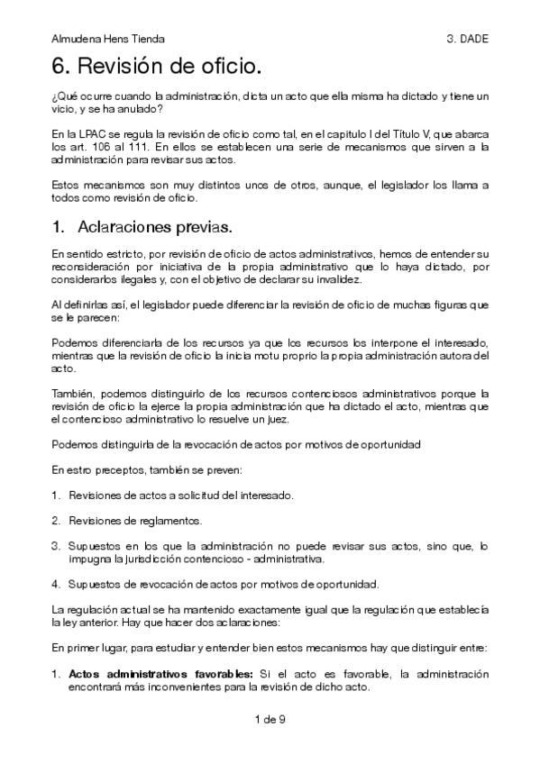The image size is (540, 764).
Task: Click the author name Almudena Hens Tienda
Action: point(108,40)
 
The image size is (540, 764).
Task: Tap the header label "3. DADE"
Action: point(466,40)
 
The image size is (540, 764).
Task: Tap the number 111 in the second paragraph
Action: point(142,147)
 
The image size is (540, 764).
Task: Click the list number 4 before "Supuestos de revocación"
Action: point(55,582)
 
